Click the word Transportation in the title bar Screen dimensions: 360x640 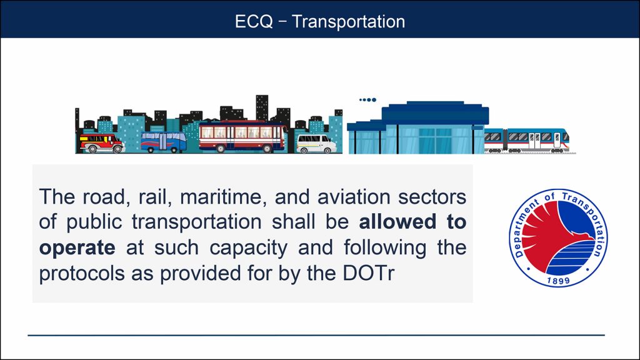(x=348, y=21)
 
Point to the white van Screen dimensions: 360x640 (x=316, y=143)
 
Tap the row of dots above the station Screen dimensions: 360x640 (x=367, y=99)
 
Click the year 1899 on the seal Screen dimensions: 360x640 (x=557, y=281)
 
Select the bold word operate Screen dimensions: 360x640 (x=77, y=247)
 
